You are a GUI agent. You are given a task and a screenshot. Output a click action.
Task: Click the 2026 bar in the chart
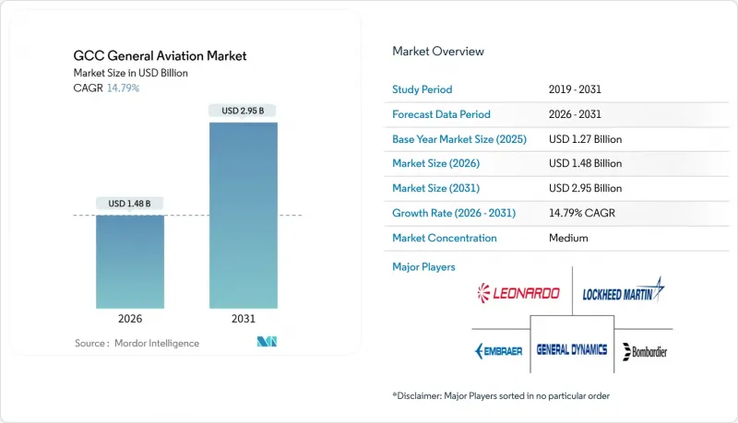[130, 262]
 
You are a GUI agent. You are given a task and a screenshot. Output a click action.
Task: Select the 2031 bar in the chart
[244, 216]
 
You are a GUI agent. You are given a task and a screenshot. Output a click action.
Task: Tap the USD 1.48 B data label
[129, 204]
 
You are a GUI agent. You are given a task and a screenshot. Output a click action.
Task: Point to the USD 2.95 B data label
[243, 111]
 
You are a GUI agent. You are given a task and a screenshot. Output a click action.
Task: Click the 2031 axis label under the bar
[244, 319]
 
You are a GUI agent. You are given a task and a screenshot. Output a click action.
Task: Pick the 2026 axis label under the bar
[130, 319]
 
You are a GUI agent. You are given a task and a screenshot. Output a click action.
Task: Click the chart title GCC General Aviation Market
[160, 56]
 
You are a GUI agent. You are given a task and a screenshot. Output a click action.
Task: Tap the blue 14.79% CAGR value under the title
[123, 88]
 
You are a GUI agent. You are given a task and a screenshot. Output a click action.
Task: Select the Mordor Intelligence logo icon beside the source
[267, 342]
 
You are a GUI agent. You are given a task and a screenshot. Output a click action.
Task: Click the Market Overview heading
[438, 52]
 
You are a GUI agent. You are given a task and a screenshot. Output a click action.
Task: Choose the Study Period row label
[423, 89]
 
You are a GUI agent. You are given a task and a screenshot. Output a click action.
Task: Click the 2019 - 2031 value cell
[575, 89]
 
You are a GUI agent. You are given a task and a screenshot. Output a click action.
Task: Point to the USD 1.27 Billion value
[586, 139]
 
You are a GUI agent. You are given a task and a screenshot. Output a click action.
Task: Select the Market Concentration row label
[445, 238]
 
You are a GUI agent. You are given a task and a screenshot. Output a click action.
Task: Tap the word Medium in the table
[568, 238]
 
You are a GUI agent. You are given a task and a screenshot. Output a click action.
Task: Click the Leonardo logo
[518, 293]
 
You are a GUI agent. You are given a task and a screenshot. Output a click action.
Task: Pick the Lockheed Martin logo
[624, 290]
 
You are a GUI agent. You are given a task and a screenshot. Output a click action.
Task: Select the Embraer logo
[499, 351]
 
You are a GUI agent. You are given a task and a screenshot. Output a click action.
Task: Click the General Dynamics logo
[572, 349]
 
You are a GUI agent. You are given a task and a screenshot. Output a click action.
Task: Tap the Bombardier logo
[645, 351]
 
